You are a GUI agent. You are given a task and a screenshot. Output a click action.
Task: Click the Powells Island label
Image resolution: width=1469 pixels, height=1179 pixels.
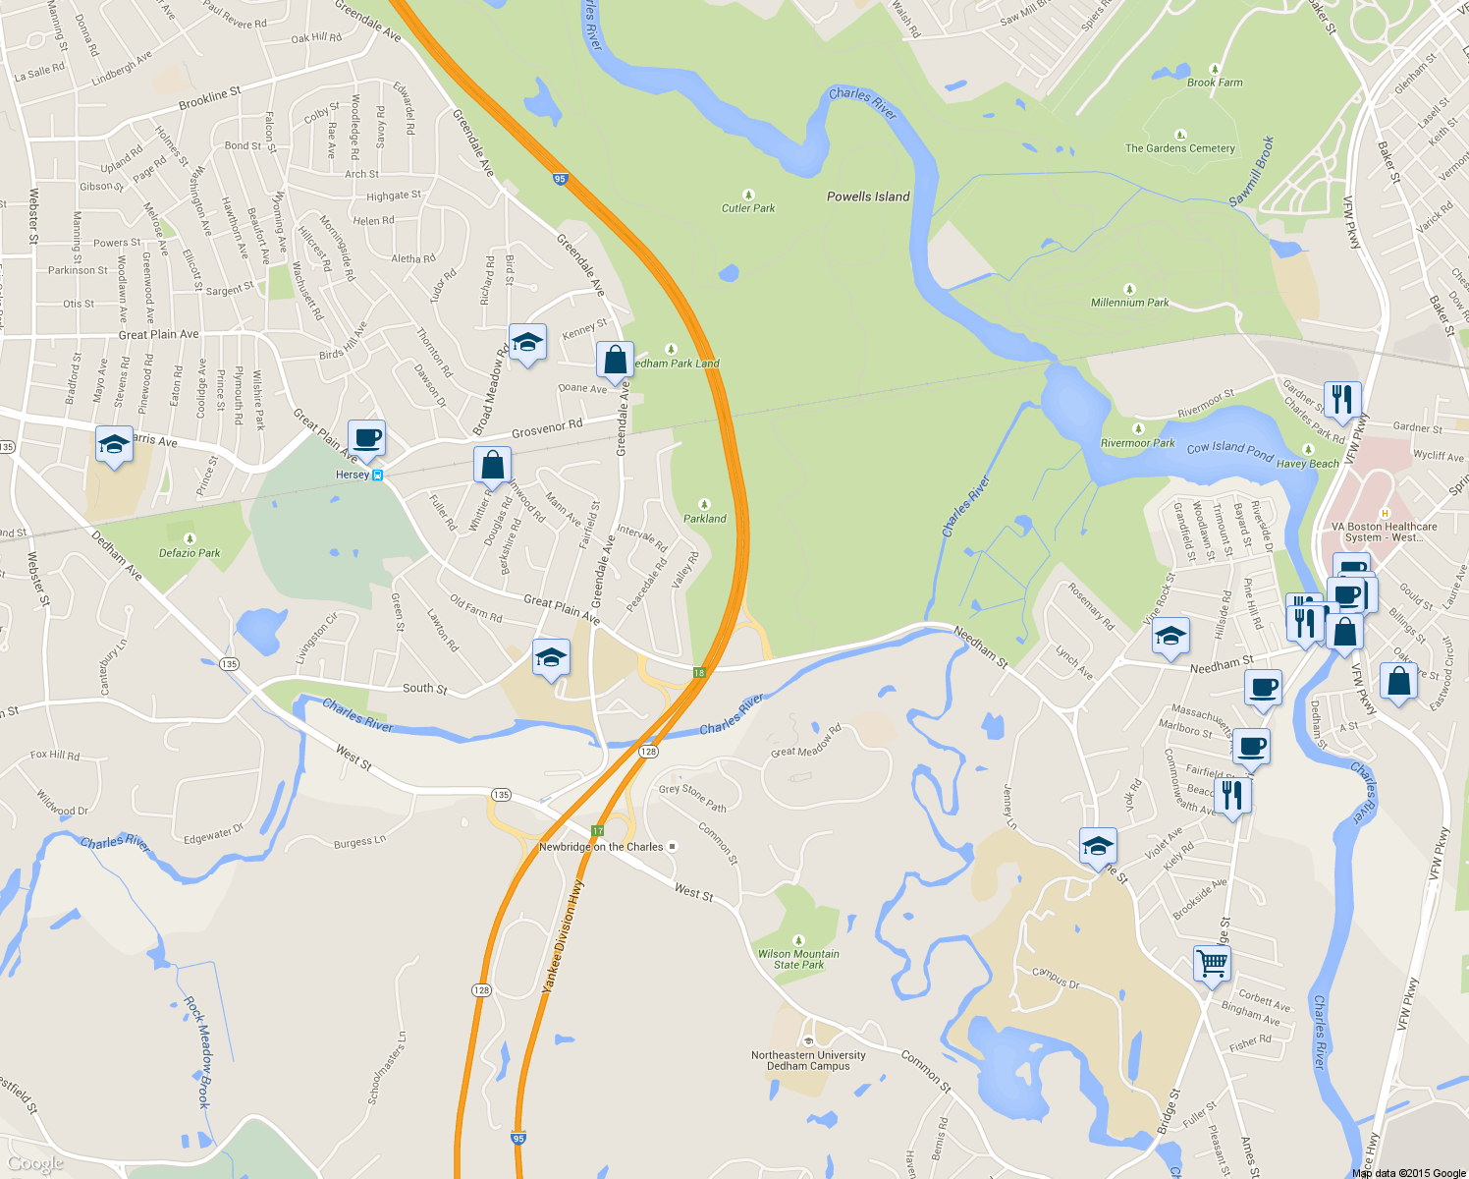pos(868,196)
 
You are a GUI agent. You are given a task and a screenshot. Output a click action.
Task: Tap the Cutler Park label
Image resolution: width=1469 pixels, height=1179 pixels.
pos(748,207)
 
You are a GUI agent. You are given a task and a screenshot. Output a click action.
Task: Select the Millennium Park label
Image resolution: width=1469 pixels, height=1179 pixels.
pos(1129,303)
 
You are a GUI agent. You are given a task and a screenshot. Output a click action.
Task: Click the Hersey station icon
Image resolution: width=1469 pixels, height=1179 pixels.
pos(377,475)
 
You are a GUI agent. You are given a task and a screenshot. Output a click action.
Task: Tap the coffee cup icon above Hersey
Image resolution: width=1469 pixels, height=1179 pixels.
pos(366,438)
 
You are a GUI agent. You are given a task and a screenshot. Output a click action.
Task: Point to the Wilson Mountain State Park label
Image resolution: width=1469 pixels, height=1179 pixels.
pos(798,959)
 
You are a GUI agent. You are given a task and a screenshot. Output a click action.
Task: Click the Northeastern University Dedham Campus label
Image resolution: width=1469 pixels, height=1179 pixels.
pos(808,1060)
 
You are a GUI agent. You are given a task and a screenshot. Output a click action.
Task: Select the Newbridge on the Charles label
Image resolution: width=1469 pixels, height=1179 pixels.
pos(601,847)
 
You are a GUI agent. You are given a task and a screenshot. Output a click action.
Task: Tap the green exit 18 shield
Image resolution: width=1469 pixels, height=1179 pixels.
pos(699,673)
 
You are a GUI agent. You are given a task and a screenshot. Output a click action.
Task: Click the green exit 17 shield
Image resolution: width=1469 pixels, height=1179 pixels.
pos(597,831)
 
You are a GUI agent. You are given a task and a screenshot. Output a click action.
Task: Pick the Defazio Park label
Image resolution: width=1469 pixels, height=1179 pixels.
pos(190,553)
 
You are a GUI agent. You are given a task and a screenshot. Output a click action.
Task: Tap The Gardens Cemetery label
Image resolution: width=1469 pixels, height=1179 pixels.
pos(1179,148)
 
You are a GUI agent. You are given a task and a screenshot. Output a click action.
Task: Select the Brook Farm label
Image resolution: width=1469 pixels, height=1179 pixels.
pos(1215,83)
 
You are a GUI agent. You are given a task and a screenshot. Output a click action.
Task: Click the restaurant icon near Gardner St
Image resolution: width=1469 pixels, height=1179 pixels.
pos(1342,400)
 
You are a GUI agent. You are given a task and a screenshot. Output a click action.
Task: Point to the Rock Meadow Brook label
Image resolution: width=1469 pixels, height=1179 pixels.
pos(197,1052)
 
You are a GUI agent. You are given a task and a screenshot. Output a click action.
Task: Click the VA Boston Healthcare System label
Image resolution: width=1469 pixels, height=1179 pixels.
pos(1384,532)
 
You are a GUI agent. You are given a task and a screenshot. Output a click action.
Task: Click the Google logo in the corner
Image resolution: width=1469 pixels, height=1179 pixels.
pos(35,1163)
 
